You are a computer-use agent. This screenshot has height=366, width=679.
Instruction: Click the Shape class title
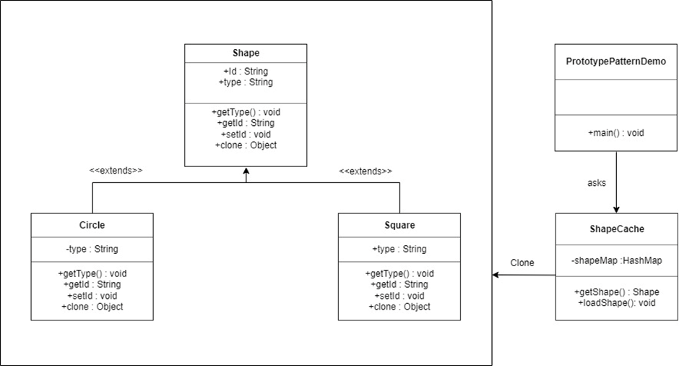pos(246,53)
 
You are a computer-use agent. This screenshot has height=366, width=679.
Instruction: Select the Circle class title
pos(92,225)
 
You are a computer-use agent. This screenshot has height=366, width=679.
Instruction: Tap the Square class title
pos(399,225)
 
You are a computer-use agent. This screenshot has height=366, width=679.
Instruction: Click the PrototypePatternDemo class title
pos(615,61)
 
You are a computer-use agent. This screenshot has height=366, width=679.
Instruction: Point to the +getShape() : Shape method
pos(616,292)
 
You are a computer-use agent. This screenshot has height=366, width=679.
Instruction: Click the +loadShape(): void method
pos(616,303)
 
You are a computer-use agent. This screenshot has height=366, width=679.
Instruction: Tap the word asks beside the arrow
pos(597,183)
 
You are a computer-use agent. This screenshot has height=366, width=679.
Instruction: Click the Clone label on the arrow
pos(522,263)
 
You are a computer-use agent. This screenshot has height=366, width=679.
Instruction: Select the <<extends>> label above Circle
pos(116,171)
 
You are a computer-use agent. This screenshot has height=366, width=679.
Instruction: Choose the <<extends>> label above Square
pos(366,171)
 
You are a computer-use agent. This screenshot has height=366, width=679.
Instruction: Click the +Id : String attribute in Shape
pos(246,72)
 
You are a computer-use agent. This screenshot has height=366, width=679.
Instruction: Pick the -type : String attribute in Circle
pos(92,249)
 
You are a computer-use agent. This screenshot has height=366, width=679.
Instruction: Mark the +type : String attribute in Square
pos(399,249)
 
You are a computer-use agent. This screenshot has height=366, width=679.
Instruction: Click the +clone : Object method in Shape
pos(246,145)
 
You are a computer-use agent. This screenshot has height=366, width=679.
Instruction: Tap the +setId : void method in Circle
pos(92,296)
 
